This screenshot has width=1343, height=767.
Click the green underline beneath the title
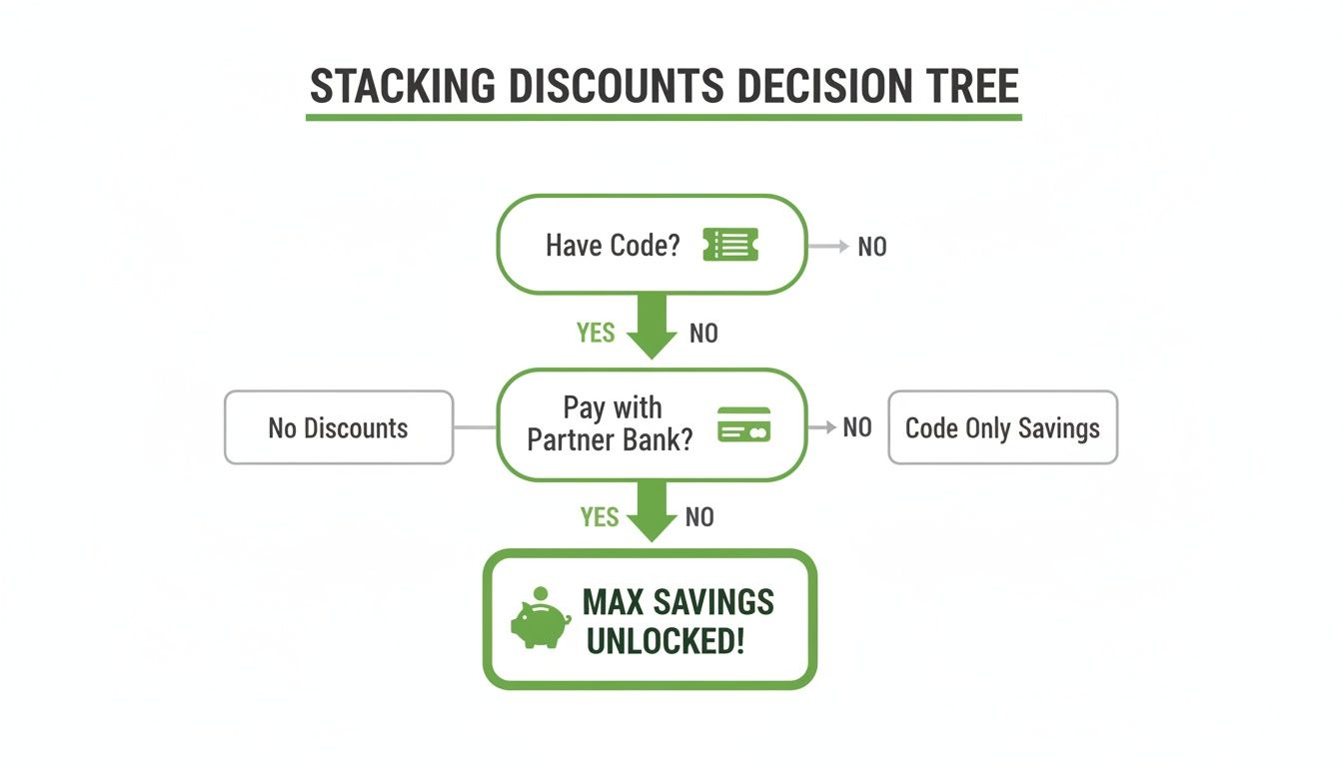tap(664, 118)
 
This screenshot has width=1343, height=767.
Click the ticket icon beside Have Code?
tap(730, 245)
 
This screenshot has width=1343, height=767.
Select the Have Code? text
tap(613, 246)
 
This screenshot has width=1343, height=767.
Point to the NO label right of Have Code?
tap(872, 247)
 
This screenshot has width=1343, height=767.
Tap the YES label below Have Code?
tap(596, 333)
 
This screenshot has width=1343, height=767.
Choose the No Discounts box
tap(339, 427)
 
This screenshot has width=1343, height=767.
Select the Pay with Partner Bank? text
tap(611, 423)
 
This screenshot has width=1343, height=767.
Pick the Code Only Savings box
tap(1002, 427)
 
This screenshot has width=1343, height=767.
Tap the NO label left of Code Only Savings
tap(857, 427)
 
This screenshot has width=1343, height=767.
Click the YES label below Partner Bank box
tap(600, 516)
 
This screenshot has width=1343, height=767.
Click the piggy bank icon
tap(540, 619)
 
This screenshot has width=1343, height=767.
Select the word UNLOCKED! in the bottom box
tap(666, 640)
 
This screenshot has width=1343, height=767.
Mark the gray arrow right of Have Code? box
tap(829, 246)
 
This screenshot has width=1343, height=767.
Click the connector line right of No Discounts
tap(475, 427)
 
